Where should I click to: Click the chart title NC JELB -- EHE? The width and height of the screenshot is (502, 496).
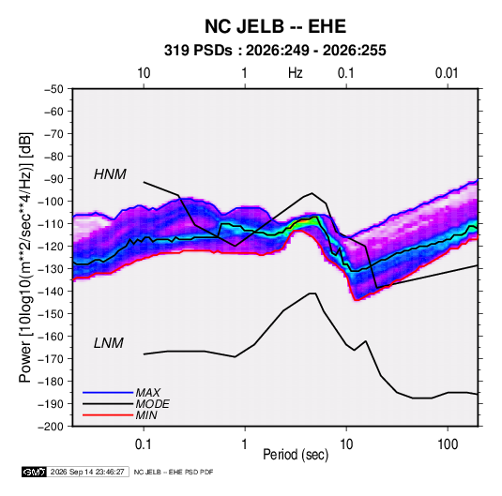pos(275,26)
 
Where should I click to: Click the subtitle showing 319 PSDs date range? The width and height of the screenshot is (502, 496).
pos(275,51)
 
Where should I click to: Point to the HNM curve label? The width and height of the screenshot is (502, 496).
pos(110,174)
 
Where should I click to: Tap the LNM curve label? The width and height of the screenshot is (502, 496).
pos(109,343)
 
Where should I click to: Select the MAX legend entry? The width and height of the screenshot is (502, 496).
pos(147,393)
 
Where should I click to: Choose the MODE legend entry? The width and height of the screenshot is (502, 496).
pos(152,404)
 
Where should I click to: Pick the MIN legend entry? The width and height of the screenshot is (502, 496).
pos(146,415)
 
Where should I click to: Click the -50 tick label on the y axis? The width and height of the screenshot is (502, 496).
pos(53,89)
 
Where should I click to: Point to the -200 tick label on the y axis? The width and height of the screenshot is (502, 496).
pos(51,427)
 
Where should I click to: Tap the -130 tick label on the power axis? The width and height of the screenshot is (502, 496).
pos(51,269)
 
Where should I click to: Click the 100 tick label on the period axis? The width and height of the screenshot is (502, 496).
pos(448,444)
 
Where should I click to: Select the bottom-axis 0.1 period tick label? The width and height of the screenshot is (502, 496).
pos(144,444)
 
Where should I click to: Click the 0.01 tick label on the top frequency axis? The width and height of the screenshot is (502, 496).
pos(447,73)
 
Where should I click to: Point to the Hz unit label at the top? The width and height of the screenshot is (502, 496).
pos(296,73)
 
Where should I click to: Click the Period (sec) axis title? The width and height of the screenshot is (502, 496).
pos(296,455)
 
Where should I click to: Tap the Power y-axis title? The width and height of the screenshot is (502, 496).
pos(25,258)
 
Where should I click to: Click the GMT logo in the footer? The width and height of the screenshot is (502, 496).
pos(35,472)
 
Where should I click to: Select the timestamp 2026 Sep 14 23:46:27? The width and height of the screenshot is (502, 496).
pos(87,472)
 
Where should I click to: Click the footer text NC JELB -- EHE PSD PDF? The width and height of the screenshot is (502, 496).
pos(174,472)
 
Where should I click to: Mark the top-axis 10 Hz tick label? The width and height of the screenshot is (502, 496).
pos(144,73)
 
